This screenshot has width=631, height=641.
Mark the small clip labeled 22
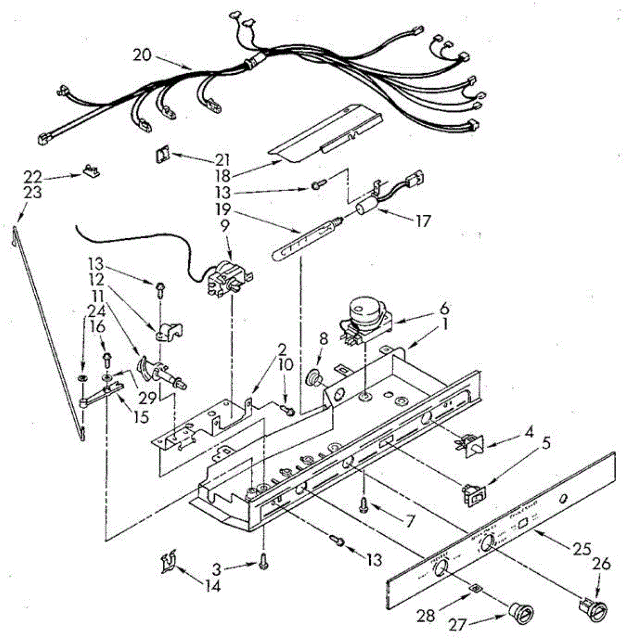pyautogui.click(x=91, y=170)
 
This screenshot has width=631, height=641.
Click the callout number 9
pyautogui.click(x=224, y=225)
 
